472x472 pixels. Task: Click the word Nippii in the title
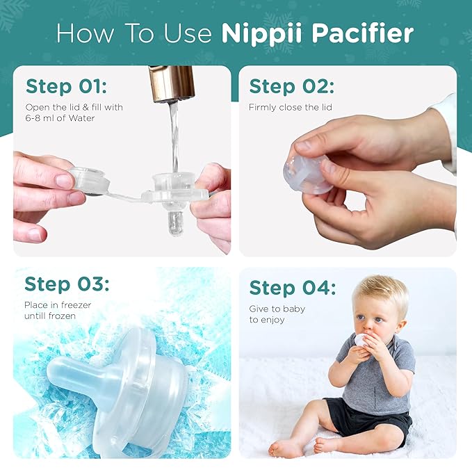pos(261,33)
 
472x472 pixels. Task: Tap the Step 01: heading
pos(66,87)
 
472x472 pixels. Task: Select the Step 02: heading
pos(292,87)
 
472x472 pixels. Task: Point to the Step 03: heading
pos(67,284)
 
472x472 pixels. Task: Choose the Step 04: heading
pos(292,288)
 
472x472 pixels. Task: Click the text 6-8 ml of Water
pos(60,118)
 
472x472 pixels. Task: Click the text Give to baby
pos(277,309)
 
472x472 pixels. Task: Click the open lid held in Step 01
pos(88,181)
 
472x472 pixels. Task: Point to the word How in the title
pos(86,33)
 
